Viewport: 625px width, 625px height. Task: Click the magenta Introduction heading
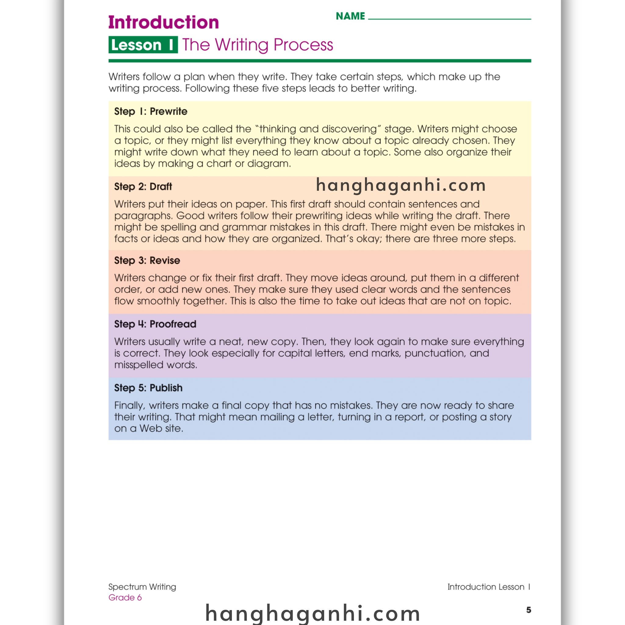tap(163, 22)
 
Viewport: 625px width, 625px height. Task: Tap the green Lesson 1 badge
tap(143, 45)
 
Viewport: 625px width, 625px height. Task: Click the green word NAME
tap(350, 16)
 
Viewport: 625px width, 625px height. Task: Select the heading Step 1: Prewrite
tap(150, 112)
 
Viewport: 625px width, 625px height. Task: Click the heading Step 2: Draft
tap(143, 187)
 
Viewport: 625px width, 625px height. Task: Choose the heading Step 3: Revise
tap(147, 260)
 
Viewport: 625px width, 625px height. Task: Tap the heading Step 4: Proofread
tap(155, 324)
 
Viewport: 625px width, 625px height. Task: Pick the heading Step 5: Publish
tap(148, 388)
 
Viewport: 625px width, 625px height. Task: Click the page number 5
tap(529, 610)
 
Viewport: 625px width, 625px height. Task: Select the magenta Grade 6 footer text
tap(125, 598)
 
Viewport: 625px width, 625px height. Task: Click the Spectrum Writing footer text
tap(142, 587)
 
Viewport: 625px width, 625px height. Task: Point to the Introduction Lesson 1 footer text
tap(489, 587)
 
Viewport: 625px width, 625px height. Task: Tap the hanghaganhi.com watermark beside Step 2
tap(401, 185)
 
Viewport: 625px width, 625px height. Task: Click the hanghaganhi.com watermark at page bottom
tap(312, 613)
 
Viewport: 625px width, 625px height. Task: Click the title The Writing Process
tap(258, 45)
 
